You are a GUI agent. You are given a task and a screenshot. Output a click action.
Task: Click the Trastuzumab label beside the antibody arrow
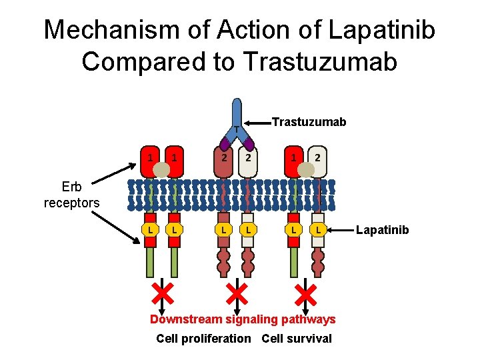tap(309, 122)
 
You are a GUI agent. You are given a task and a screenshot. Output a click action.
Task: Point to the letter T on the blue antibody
tap(236, 129)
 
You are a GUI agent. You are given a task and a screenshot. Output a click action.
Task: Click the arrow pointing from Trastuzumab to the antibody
tap(259, 123)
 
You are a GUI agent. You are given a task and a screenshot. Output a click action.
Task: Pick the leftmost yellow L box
tap(151, 230)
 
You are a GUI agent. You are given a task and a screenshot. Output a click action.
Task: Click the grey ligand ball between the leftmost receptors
tap(162, 170)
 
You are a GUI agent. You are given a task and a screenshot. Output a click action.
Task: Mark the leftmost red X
tap(161, 292)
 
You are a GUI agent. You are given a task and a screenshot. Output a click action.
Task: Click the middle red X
tap(236, 292)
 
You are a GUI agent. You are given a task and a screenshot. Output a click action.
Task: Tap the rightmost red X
tap(306, 292)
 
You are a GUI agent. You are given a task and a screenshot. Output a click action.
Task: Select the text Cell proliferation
tap(203, 339)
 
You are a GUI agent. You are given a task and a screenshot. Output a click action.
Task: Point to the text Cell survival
tap(296, 339)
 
